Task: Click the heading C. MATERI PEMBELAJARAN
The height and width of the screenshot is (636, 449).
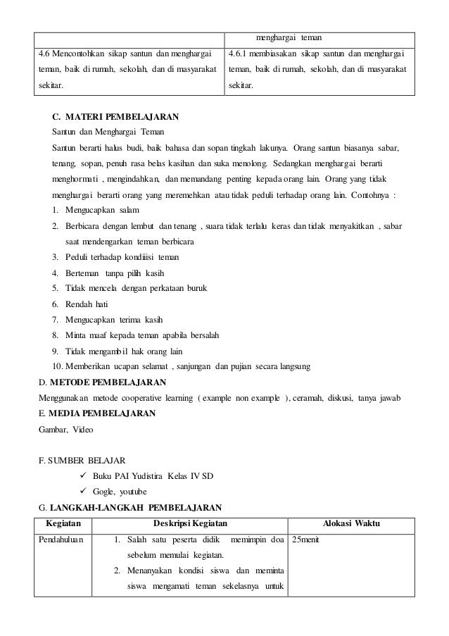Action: [x=115, y=116]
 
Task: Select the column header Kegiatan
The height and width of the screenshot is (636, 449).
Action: [x=63, y=523]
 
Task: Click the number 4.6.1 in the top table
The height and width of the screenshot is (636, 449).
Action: [x=241, y=54]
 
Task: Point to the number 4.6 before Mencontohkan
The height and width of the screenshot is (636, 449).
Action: [x=44, y=54]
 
